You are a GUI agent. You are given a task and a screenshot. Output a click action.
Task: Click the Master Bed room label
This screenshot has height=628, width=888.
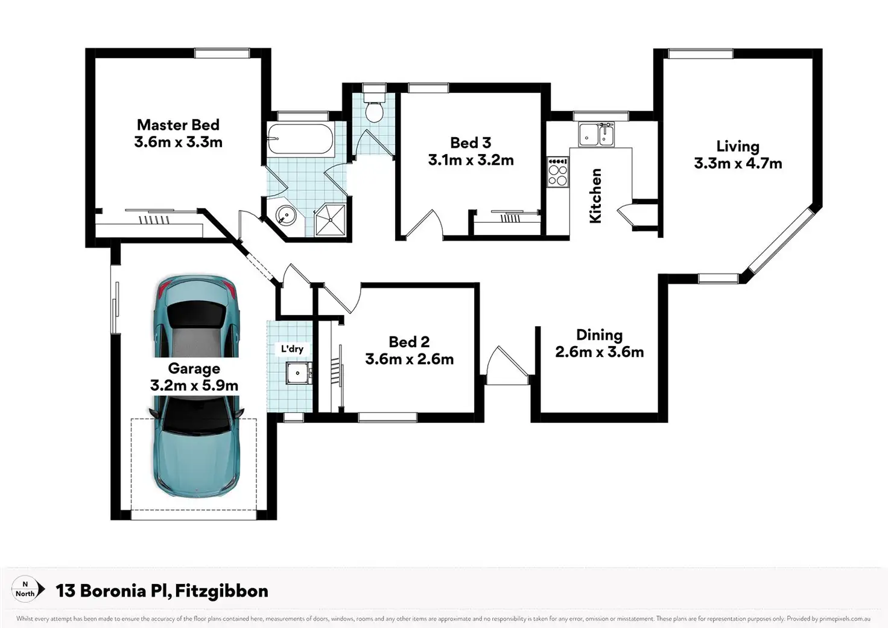178,125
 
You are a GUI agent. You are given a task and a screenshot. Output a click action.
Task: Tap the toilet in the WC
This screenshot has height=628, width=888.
374,107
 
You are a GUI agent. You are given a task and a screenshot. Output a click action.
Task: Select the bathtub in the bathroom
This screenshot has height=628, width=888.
300,138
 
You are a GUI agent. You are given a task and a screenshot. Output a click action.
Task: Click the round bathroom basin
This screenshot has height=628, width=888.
285,216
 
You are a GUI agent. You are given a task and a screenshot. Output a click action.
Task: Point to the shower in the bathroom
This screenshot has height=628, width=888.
330,220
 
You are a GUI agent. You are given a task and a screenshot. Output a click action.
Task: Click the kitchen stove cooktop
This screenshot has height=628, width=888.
558,171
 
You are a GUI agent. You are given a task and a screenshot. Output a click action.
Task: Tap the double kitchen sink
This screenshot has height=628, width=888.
596,134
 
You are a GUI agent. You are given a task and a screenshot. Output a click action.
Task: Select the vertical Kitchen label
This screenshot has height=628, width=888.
595,196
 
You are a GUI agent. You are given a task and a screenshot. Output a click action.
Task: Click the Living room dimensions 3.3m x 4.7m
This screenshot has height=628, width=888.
738,164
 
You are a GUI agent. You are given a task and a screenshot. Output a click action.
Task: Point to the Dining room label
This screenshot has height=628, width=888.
599,335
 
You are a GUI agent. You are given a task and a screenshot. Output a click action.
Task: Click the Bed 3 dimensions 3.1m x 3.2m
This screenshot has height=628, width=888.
471,160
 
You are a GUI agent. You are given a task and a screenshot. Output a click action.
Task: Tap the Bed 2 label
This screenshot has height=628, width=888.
409,342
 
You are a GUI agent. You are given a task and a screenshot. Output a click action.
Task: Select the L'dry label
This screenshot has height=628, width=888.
292,348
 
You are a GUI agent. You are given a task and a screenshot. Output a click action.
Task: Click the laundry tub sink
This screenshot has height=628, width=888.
298,373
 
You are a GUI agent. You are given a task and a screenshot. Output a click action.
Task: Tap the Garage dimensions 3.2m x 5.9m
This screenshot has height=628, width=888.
194,385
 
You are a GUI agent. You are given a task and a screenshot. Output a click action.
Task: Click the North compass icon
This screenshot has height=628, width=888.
26,589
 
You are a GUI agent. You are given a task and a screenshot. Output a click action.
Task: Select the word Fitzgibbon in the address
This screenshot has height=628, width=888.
221,592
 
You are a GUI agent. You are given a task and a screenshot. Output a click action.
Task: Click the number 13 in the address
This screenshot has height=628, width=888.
65,591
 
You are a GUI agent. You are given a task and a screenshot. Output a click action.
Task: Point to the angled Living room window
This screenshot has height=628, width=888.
781,241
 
